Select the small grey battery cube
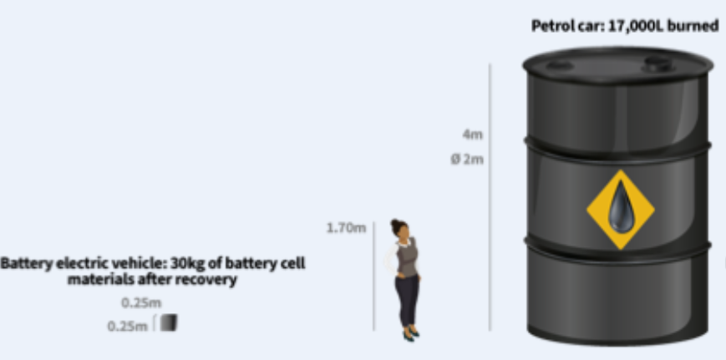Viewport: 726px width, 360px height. (169, 322)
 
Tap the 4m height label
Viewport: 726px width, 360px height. (472, 134)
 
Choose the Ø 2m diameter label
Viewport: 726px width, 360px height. (467, 159)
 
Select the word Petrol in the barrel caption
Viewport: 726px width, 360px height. (551, 26)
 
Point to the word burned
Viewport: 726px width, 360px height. (696, 26)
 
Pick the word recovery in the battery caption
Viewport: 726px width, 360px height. (211, 280)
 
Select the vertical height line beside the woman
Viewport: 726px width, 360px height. (373, 276)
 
